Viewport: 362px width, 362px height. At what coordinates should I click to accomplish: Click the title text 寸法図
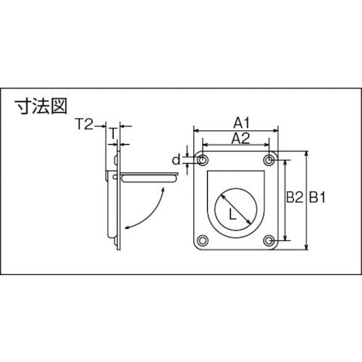(x=41, y=108)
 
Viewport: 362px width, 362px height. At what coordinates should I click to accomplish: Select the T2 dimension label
(x=84, y=125)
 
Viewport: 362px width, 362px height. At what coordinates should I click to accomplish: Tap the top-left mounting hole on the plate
(x=202, y=159)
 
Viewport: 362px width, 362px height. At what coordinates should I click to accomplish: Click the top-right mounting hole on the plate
(x=270, y=159)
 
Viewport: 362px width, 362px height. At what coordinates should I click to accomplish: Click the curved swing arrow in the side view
(x=151, y=206)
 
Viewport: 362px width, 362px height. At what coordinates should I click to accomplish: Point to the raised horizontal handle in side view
(x=148, y=176)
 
